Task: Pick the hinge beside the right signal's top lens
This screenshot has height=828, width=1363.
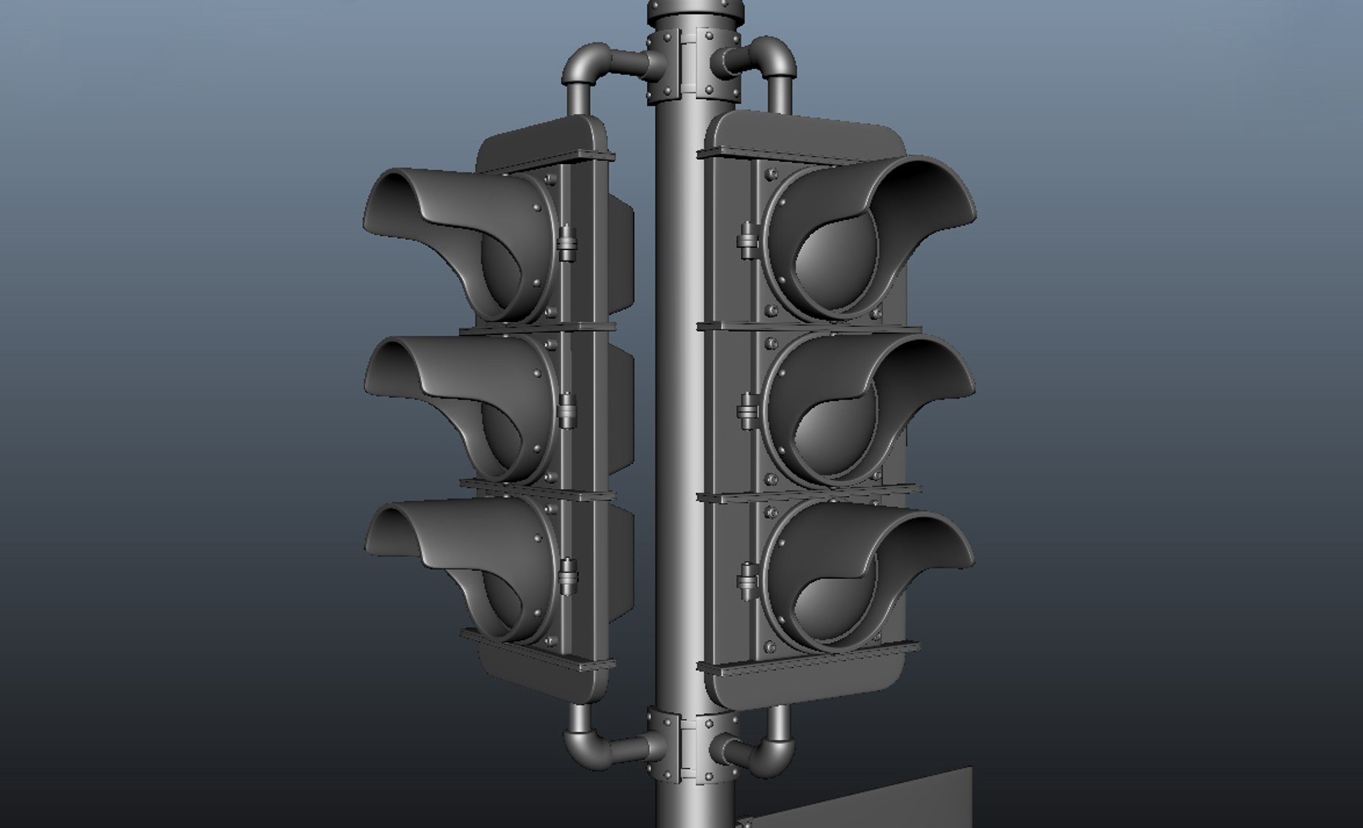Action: click(747, 240)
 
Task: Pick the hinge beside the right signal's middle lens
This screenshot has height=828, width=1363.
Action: click(747, 410)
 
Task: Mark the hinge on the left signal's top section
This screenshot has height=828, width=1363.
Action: click(567, 244)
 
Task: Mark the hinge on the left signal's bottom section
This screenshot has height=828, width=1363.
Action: click(568, 575)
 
